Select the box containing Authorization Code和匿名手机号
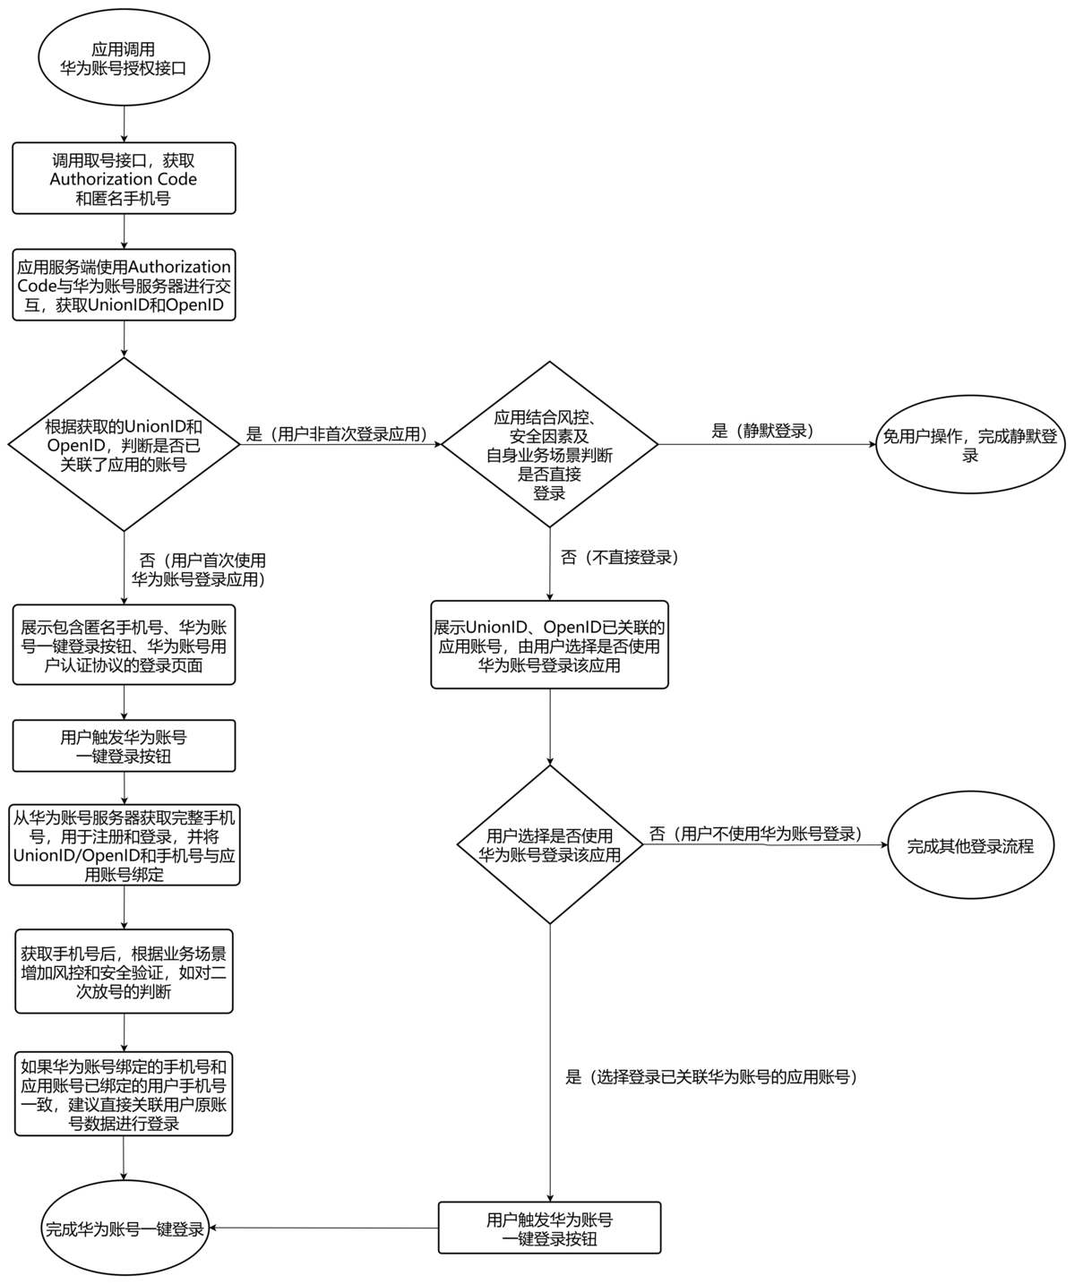pyautogui.click(x=124, y=178)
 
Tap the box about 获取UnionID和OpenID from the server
pyautogui.click(x=124, y=286)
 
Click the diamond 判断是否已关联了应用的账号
pyautogui.click(x=124, y=444)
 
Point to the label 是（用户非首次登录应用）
pyautogui.click(x=336, y=435)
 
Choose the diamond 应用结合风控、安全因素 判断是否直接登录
pyautogui.click(x=549, y=444)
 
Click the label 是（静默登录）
pyautogui.click(x=762, y=431)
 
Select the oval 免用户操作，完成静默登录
pyautogui.click(x=970, y=445)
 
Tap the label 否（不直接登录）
pyautogui.click(x=619, y=558)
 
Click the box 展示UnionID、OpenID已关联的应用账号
pyautogui.click(x=549, y=645)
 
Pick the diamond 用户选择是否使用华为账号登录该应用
pyautogui.click(x=549, y=844)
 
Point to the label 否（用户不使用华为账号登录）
pyautogui.click(x=755, y=834)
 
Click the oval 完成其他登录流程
pyautogui.click(x=970, y=845)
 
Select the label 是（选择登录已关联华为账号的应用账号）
pyautogui.click(x=711, y=1077)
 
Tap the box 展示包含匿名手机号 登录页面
pyautogui.click(x=124, y=646)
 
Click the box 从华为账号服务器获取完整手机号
pyautogui.click(x=124, y=845)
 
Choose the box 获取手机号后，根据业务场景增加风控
pyautogui.click(x=124, y=972)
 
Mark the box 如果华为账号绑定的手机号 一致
pyautogui.click(x=124, y=1094)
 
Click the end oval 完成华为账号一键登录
pyautogui.click(x=124, y=1228)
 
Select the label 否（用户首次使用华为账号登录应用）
pyautogui.click(x=198, y=569)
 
